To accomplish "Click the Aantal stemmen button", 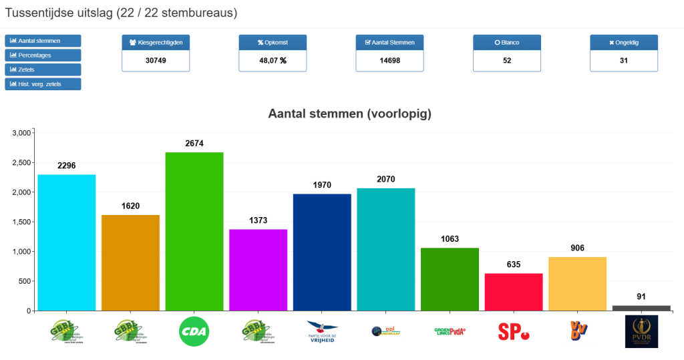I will [x=43, y=41].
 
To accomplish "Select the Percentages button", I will [x=43, y=55].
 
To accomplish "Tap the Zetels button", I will [x=43, y=69].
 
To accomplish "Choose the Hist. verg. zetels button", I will [x=43, y=83].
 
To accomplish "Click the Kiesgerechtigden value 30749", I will [x=156, y=60].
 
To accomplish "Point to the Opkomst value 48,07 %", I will [x=273, y=60].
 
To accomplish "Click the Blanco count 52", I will [x=507, y=60].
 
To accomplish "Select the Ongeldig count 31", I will [x=624, y=60].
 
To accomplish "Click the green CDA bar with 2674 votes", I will [x=194, y=231].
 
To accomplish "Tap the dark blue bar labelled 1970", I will [x=322, y=252].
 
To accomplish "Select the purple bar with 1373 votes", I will [x=258, y=270].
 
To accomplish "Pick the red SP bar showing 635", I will [x=513, y=292].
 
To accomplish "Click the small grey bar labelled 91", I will [x=641, y=308].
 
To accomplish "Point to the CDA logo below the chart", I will [x=194, y=331].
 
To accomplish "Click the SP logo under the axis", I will [x=513, y=331].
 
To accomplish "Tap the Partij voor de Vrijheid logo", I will [x=322, y=331].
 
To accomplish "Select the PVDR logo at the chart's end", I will [x=641, y=331].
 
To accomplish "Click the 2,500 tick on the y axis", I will [x=22, y=163].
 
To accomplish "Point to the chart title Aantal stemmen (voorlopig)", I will [x=350, y=114].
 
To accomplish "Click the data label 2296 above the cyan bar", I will [x=67, y=165].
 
